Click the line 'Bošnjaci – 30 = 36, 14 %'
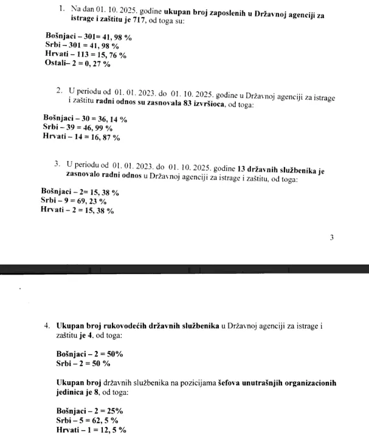coord(85,119)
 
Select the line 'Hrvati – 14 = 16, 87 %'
coord(81,137)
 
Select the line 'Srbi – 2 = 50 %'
coord(83,363)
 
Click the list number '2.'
coord(60,91)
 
